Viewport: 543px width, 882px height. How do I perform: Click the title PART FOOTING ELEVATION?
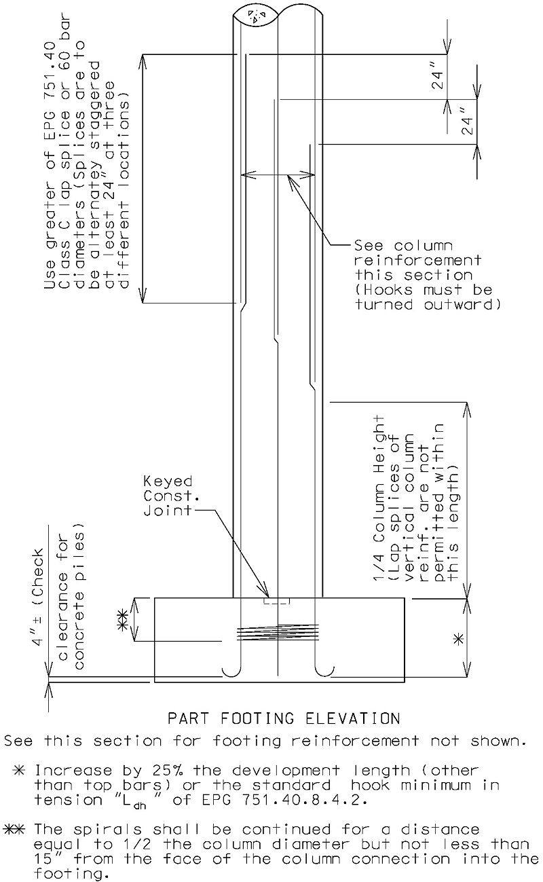click(x=284, y=718)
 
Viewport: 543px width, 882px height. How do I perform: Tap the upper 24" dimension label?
click(x=438, y=80)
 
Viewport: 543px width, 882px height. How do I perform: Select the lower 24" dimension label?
click(x=467, y=120)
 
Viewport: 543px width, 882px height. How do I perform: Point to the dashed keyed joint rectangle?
click(x=277, y=601)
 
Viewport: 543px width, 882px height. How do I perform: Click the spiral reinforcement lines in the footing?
click(x=277, y=632)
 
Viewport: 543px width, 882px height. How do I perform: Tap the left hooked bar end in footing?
click(x=232, y=670)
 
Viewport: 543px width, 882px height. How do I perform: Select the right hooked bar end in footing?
click(x=324, y=670)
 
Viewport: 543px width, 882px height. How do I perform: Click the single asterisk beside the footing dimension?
click(x=458, y=639)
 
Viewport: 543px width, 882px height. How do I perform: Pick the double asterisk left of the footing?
click(x=122, y=620)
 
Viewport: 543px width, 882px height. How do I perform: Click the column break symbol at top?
click(x=255, y=16)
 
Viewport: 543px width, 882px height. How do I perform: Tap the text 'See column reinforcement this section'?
click(x=417, y=260)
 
